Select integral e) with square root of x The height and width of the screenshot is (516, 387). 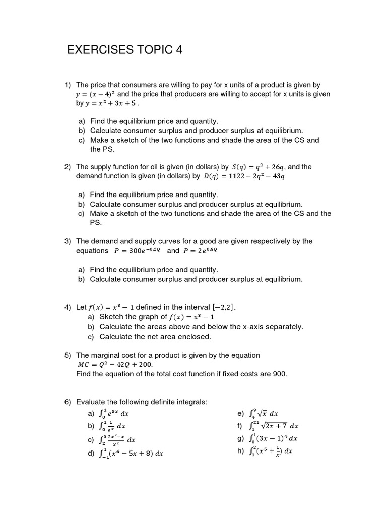[x=264, y=414]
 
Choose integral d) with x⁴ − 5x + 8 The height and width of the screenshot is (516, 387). [x=130, y=453]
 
